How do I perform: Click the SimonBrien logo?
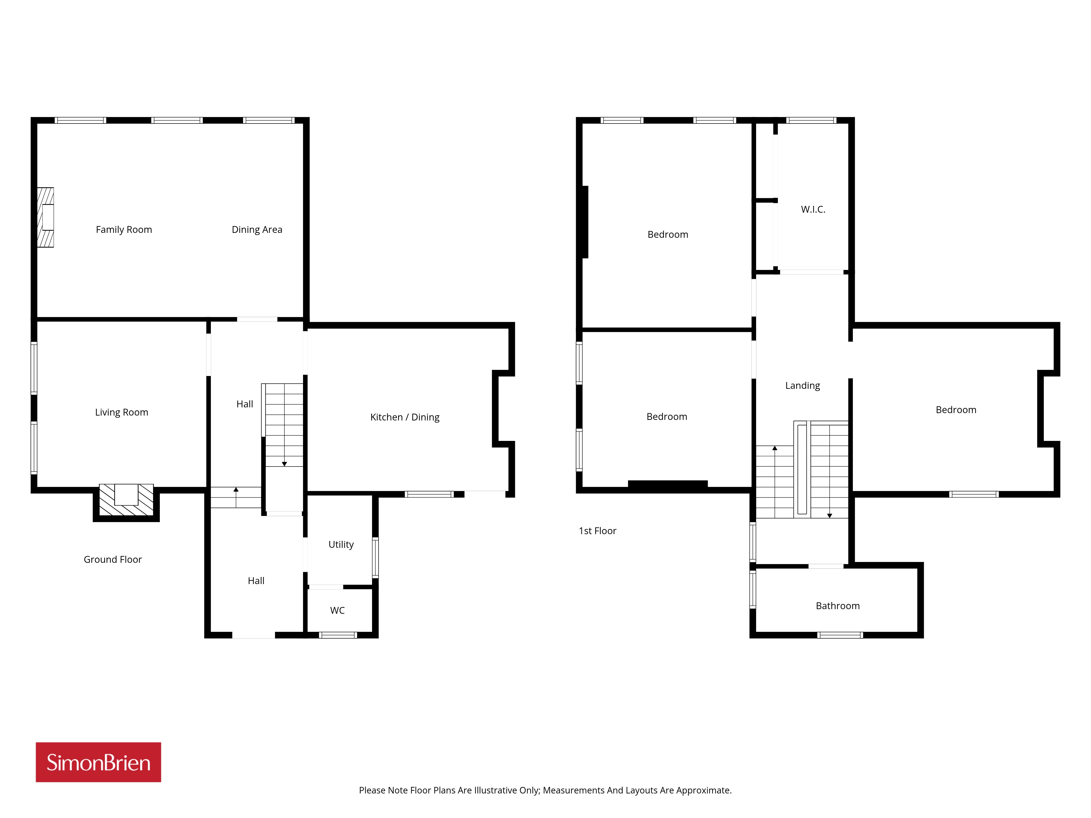(98, 762)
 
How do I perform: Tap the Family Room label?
(124, 230)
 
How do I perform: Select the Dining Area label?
(257, 230)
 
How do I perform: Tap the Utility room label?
(341, 544)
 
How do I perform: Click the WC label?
(337, 611)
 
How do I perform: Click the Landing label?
(802, 386)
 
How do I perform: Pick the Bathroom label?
(838, 606)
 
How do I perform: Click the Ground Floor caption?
(112, 560)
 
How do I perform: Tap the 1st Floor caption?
(597, 531)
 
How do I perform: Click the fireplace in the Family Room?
(45, 217)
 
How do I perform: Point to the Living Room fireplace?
(126, 500)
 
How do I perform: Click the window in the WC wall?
(338, 635)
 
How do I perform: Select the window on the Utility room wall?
(375, 557)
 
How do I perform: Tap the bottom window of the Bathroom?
(840, 635)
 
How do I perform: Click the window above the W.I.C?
(811, 120)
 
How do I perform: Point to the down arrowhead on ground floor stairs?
(284, 464)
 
